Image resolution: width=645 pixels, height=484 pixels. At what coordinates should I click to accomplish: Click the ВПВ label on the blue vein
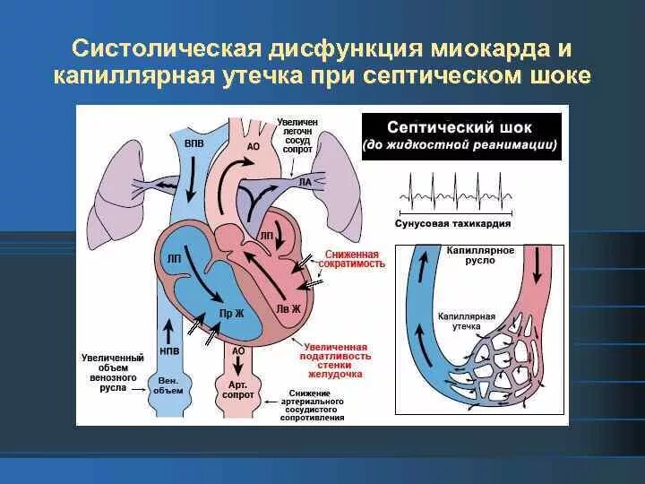[x=193, y=142]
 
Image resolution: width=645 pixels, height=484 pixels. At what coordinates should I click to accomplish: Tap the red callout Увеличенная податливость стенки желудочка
[x=336, y=359]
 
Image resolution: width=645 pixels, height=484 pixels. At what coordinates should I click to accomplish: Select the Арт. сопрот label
[x=236, y=389]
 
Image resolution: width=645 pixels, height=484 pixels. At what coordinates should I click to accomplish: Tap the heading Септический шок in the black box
[x=461, y=126]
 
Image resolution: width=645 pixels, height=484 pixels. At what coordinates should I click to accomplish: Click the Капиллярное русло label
[x=481, y=255]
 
